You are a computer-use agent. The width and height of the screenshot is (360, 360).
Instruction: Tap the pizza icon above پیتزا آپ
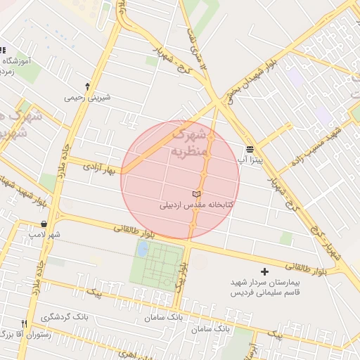[250, 149]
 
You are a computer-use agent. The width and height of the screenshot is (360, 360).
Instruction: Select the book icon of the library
[196, 193]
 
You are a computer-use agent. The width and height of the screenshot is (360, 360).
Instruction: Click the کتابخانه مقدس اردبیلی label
[197, 205]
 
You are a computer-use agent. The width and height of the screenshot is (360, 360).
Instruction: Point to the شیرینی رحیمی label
[87, 98]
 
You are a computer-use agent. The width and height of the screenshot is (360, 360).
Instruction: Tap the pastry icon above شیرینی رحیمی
[87, 86]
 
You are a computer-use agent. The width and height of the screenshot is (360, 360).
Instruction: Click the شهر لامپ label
[44, 234]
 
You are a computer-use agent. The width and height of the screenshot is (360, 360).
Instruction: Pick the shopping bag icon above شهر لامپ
[44, 224]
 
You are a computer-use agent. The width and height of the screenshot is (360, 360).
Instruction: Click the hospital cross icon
[264, 271]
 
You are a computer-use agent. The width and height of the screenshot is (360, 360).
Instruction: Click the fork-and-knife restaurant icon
[25, 323]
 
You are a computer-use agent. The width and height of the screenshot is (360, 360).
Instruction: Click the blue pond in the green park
[143, 248]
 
